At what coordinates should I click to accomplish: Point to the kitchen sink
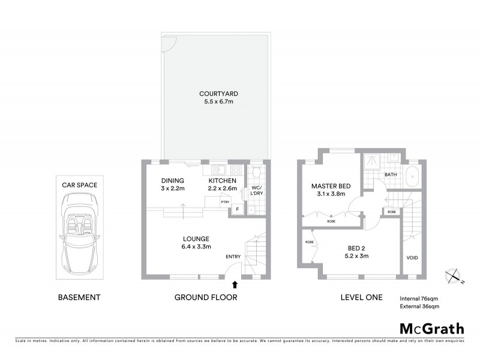217,169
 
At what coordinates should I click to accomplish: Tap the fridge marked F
238,209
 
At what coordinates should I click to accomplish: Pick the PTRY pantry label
226,202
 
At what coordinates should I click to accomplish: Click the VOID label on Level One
412,258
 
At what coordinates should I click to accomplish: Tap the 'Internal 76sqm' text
419,298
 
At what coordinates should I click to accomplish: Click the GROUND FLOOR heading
205,297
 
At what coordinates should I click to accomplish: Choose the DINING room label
173,181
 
